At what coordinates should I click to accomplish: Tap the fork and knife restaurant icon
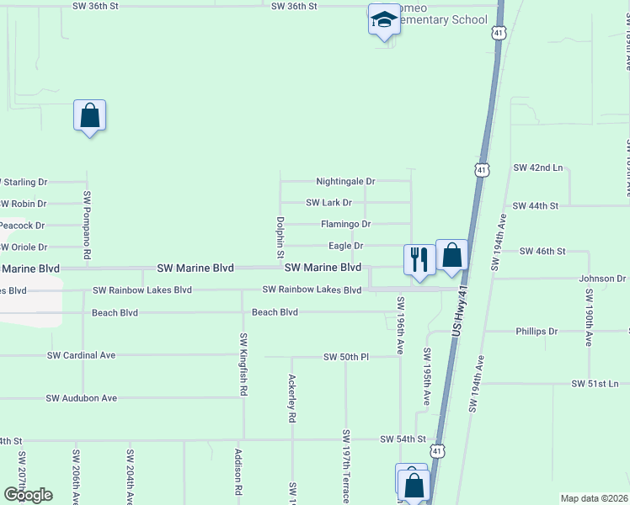[419, 258]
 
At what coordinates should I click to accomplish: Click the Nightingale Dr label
[345, 181]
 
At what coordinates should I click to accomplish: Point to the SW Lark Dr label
[328, 203]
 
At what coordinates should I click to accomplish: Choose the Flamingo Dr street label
[345, 224]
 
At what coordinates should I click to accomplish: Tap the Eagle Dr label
[345, 246]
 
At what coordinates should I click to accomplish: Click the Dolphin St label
[280, 237]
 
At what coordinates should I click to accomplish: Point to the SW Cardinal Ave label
[81, 355]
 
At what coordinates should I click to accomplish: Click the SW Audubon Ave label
[81, 398]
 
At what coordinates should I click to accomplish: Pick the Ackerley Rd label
[291, 398]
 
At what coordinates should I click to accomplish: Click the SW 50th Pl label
[346, 357]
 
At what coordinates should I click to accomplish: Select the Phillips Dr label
[537, 332]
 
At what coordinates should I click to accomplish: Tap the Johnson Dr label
[602, 279]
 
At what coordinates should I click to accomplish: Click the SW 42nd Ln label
[537, 167]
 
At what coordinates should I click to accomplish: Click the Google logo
[27, 495]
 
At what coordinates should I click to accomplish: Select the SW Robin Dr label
[23, 204]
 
